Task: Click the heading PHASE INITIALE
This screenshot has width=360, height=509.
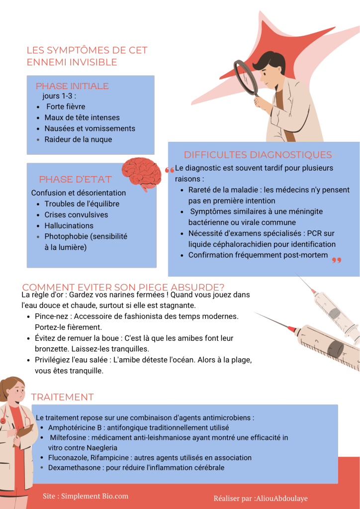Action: click(72, 86)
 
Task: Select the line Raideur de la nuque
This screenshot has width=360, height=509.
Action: click(78, 140)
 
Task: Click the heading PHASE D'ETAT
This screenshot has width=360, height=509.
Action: click(75, 179)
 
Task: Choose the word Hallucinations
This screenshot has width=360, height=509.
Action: click(69, 225)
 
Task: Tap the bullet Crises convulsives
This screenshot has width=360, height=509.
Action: click(76, 215)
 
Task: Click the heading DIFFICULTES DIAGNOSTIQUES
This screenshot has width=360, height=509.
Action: click(258, 155)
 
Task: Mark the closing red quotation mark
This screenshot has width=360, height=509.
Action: click(337, 260)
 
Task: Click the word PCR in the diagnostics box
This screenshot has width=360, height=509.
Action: click(314, 233)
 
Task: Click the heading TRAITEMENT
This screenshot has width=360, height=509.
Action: click(62, 397)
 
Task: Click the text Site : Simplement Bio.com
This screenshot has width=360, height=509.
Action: click(86, 496)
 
